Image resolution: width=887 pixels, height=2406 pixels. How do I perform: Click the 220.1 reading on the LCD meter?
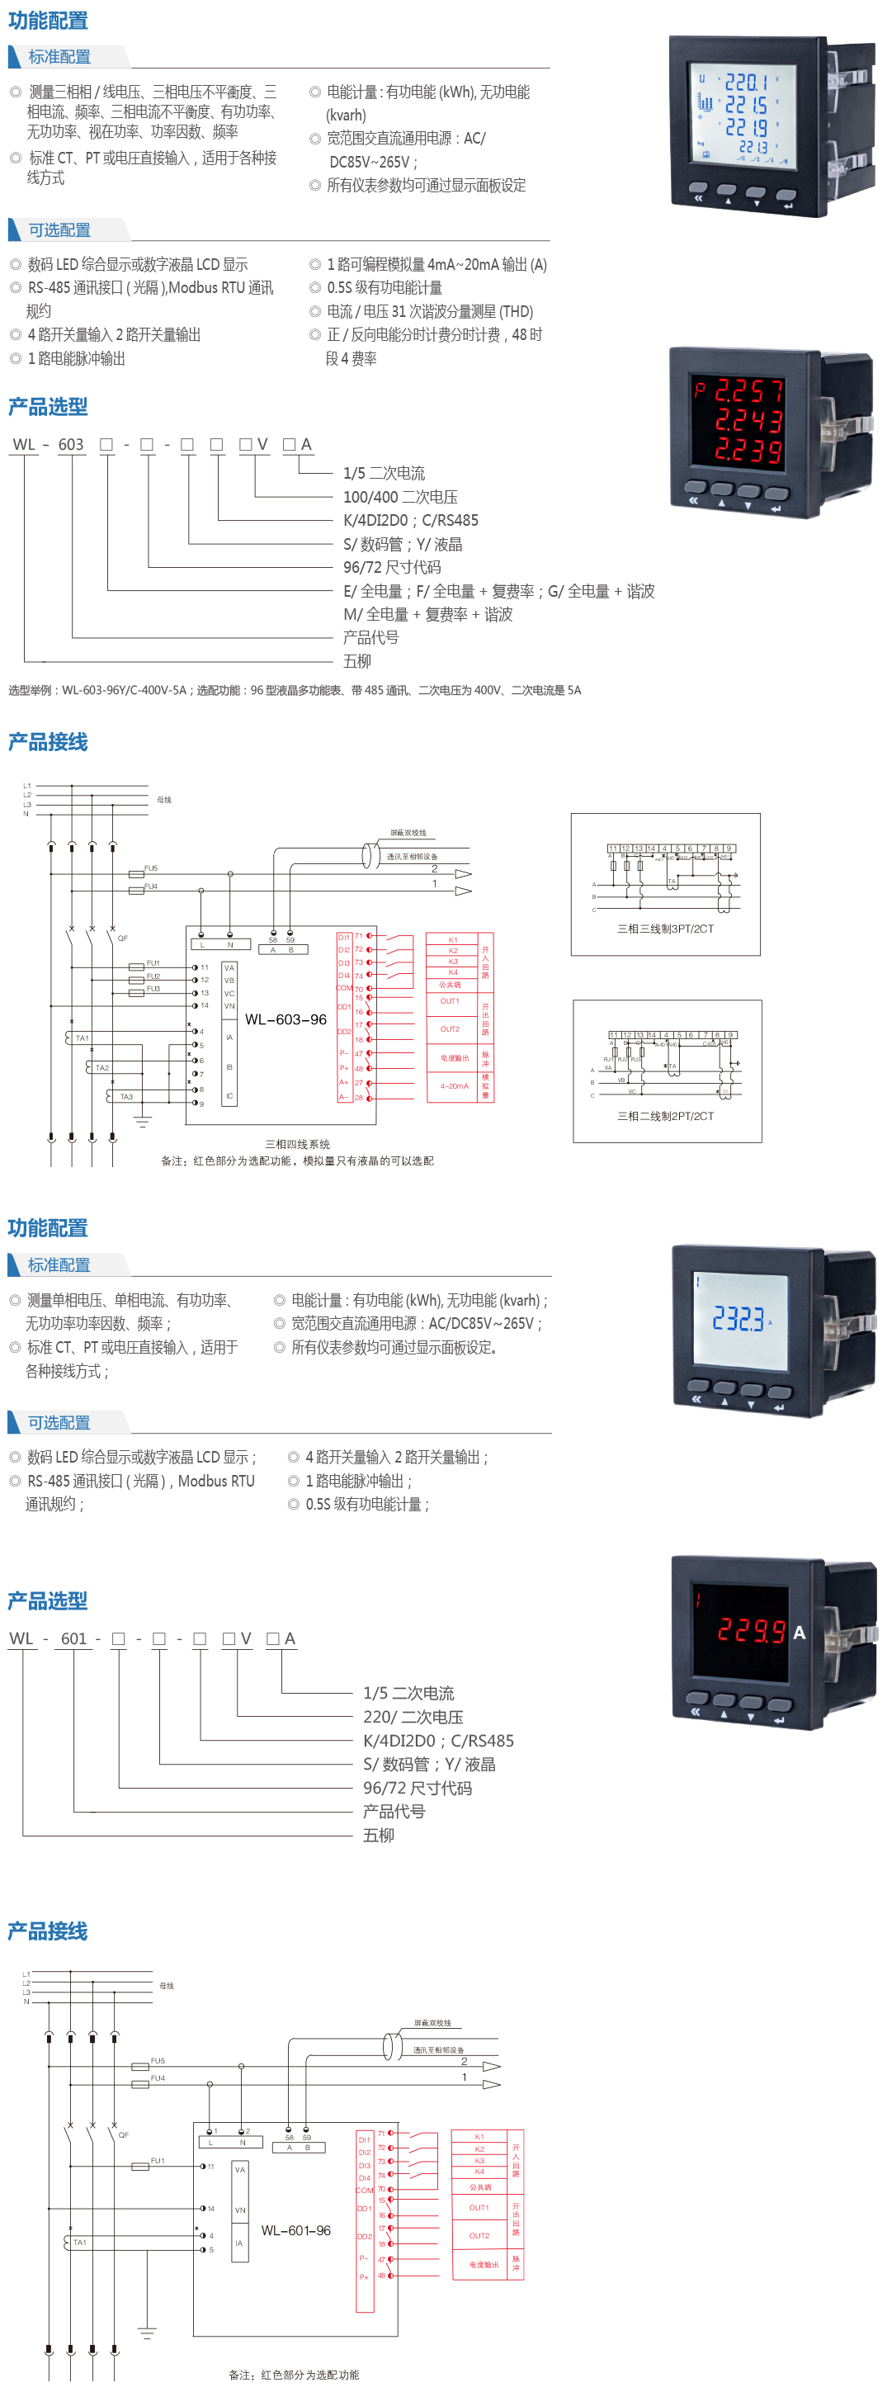pos(746,83)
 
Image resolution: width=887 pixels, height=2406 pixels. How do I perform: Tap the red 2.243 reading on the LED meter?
pos(748,421)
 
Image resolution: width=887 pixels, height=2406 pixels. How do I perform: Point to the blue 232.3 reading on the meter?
pos(738,1318)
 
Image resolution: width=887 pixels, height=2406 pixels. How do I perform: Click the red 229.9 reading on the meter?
pos(751,1631)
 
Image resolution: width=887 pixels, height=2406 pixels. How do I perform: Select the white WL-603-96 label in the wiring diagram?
pos(285,1019)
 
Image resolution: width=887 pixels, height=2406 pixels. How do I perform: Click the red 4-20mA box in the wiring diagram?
pos(452,1086)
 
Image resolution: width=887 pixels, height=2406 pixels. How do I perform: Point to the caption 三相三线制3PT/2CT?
pos(666,929)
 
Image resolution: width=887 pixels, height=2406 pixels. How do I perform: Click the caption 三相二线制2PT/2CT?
pos(666,1116)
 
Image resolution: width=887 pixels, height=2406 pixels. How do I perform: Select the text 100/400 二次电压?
pos(399,497)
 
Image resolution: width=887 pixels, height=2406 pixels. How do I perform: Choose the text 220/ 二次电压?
pos(413,1717)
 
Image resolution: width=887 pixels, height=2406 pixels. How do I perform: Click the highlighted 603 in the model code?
pos(72,445)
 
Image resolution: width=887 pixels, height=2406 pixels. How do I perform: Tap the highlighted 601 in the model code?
pos(72,1638)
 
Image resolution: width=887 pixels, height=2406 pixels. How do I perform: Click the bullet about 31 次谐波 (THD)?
pos(430,311)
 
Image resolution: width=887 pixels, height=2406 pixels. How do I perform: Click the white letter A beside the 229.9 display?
pos(800,1632)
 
